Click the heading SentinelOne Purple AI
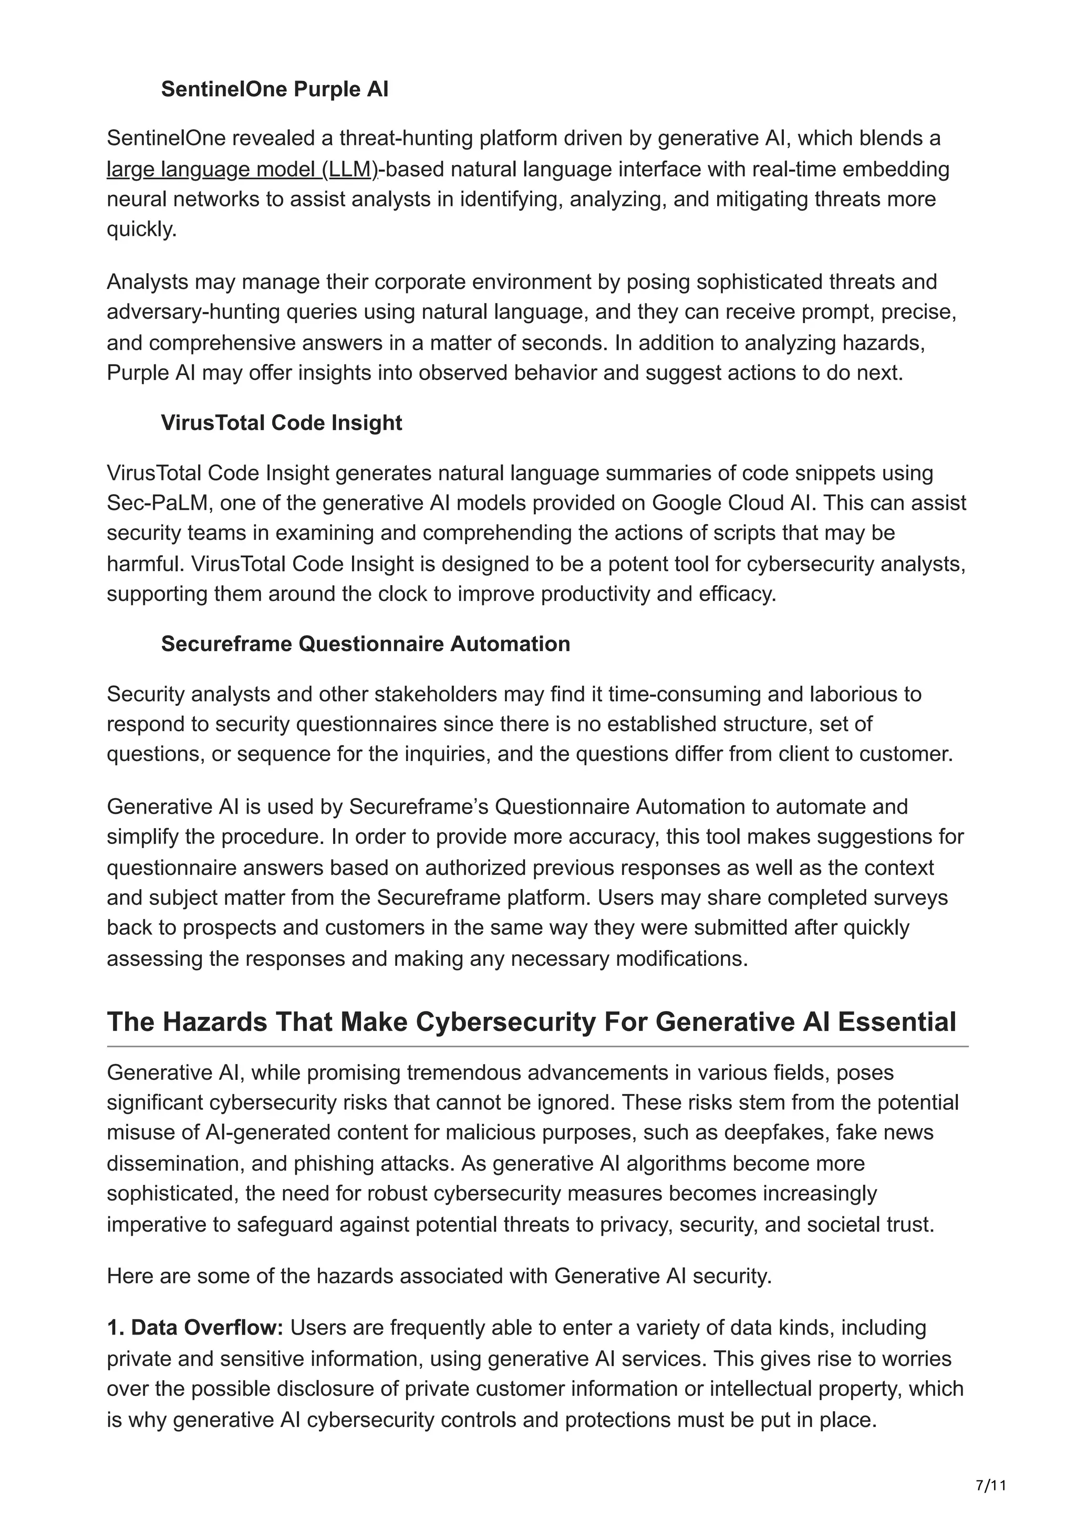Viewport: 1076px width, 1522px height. [274, 89]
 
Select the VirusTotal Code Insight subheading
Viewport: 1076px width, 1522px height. [281, 423]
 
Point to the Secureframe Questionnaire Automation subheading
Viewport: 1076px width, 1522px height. [365, 644]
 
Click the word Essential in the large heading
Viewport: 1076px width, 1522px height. [896, 1022]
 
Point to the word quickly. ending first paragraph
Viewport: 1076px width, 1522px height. [142, 230]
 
